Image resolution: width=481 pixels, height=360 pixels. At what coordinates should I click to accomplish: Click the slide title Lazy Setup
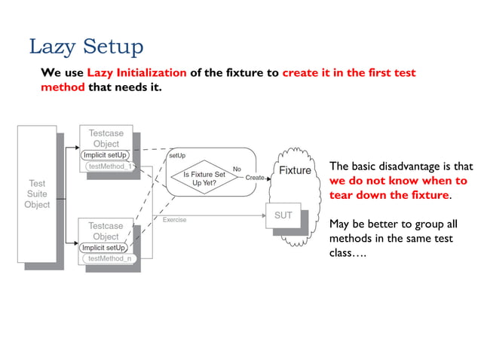coord(85,47)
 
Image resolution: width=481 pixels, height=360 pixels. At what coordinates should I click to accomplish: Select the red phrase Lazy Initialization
coord(136,73)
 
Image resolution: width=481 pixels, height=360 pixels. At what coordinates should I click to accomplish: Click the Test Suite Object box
coord(37,194)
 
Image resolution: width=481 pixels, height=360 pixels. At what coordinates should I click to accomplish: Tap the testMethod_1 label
coord(109,167)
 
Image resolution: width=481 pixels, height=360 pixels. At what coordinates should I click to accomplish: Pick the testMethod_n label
coord(109,258)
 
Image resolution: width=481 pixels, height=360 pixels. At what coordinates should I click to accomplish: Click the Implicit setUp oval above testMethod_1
coord(106,155)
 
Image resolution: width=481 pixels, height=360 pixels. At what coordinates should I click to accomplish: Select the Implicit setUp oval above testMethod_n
coord(104,247)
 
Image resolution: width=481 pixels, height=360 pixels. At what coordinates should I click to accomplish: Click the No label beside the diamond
coord(237,169)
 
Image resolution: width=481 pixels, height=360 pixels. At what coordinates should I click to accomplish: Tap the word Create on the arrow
coord(255,178)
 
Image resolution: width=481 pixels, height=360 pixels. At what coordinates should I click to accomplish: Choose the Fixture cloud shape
coord(294,171)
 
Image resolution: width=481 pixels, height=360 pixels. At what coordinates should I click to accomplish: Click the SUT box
coord(283,215)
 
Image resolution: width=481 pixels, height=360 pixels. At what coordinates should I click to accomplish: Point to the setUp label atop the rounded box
coord(176,155)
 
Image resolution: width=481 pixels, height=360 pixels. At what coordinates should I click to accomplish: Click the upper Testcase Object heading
coord(106,138)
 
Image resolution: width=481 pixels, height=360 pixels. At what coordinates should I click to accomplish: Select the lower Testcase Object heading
coord(106,231)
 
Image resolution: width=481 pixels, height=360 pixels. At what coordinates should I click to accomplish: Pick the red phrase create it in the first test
coord(348,73)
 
